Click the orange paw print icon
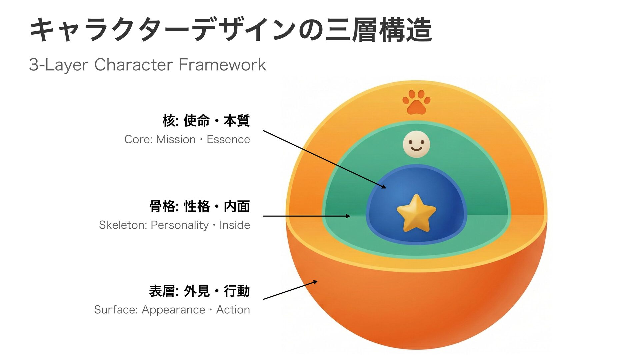[x=416, y=102]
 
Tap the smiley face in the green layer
[x=416, y=144]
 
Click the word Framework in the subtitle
[x=222, y=65]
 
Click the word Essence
[x=228, y=139]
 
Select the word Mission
[x=176, y=139]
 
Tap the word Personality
[x=180, y=225]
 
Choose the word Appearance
[x=173, y=310]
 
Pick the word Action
[x=233, y=310]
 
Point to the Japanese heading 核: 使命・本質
[x=206, y=121]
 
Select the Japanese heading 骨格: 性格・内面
[x=199, y=206]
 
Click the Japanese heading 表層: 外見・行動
[x=199, y=291]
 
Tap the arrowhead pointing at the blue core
[x=384, y=187]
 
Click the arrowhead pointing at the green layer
[x=348, y=216]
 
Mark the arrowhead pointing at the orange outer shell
[x=315, y=282]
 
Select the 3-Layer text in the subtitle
[x=58, y=65]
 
